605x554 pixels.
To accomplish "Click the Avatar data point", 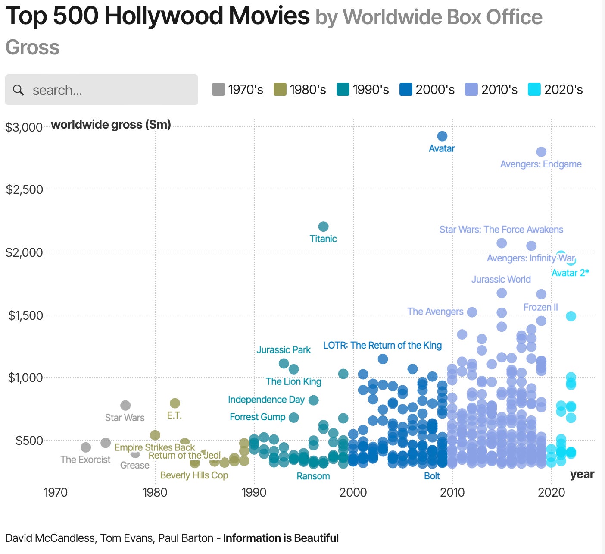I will [442, 136].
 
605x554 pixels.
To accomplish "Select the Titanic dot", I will [323, 227].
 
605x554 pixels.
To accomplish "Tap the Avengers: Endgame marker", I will [541, 152].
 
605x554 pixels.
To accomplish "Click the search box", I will [102, 90].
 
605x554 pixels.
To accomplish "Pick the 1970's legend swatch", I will [218, 89].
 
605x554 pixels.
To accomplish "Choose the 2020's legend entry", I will [555, 89].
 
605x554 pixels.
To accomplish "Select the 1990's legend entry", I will [363, 89].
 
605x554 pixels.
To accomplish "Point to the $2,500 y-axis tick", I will [24, 189].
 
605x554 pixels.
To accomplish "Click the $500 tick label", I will [29, 441].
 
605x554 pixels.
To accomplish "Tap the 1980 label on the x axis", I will [155, 492].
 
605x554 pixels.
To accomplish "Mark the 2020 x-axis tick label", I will [551, 492].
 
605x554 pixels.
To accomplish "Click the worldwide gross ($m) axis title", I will [111, 125].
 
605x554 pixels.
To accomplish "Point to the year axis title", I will [582, 474].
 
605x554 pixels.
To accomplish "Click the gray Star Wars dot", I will [125, 406].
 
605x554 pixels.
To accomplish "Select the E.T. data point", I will [175, 403].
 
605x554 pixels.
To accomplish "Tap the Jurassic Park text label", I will [284, 350].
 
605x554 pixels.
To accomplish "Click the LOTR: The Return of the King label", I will [382, 345].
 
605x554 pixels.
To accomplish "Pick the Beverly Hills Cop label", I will [194, 475].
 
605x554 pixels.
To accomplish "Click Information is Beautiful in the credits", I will [281, 538].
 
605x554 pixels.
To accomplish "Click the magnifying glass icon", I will [18, 90].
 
